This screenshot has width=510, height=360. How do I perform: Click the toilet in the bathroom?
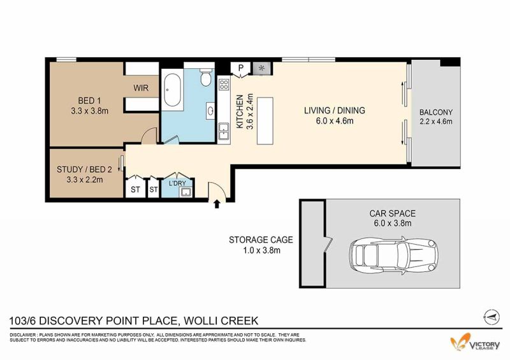pos(205,77)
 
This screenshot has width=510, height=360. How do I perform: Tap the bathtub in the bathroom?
pos(171,90)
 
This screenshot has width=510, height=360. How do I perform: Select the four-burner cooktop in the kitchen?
pos(224,85)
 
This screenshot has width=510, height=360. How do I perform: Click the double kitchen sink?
pos(224,131)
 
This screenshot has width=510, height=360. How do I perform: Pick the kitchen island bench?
pos(265,120)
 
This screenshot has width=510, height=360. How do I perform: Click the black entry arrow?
pos(217,205)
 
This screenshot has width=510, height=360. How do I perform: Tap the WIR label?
pos(141,88)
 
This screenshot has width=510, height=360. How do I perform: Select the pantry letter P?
pos(241,68)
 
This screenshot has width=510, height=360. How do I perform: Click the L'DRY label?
pos(177,184)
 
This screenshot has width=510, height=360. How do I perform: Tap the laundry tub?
pos(186,192)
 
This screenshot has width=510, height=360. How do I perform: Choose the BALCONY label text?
pos(436,113)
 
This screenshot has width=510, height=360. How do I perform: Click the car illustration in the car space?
pos(393,254)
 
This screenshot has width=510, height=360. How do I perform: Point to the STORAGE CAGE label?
pos(261,240)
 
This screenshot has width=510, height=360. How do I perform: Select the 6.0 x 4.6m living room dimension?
pos(335,121)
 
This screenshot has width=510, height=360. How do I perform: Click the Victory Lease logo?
pos(475,342)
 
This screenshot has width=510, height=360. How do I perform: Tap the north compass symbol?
pos(492,316)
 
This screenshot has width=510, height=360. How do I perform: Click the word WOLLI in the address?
pos(200,321)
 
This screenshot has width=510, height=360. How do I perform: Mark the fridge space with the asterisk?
pos(262,68)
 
